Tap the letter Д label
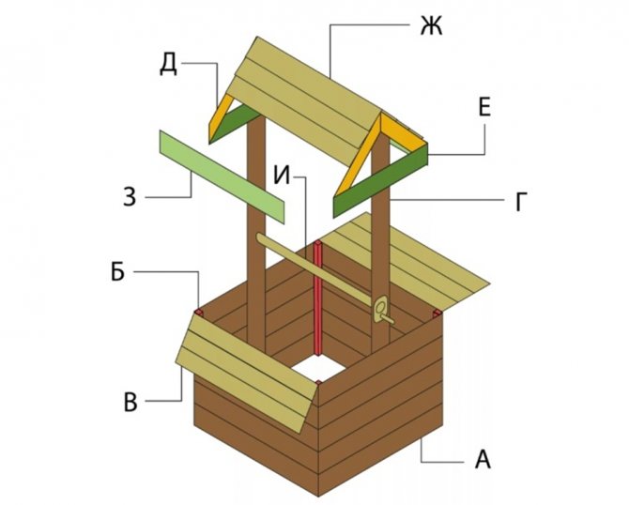167,65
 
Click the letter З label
130,197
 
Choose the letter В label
130,402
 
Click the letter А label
483,460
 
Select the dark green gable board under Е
379,178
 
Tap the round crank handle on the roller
381,308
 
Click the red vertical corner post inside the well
318,300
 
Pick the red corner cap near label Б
199,310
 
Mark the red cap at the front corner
319,381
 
